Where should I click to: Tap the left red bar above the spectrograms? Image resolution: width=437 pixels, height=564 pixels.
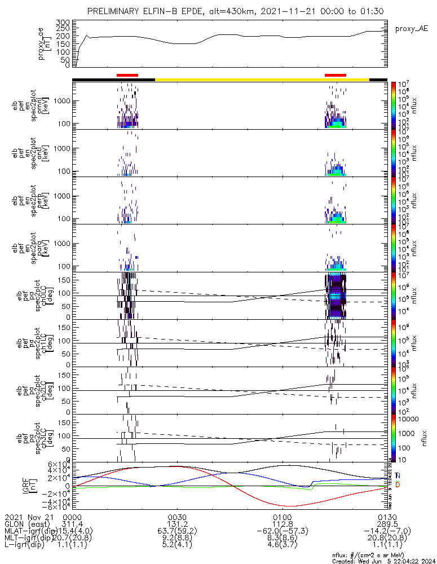coord(127,74)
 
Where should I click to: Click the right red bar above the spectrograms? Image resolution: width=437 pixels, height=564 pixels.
coord(336,74)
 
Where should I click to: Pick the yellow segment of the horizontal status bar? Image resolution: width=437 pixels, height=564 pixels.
coord(262,80)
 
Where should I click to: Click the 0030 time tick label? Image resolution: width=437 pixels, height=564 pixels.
coord(178,517)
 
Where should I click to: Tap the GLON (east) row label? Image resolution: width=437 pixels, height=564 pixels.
coord(29,524)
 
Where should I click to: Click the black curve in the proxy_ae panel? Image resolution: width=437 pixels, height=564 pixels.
coord(226,36)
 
